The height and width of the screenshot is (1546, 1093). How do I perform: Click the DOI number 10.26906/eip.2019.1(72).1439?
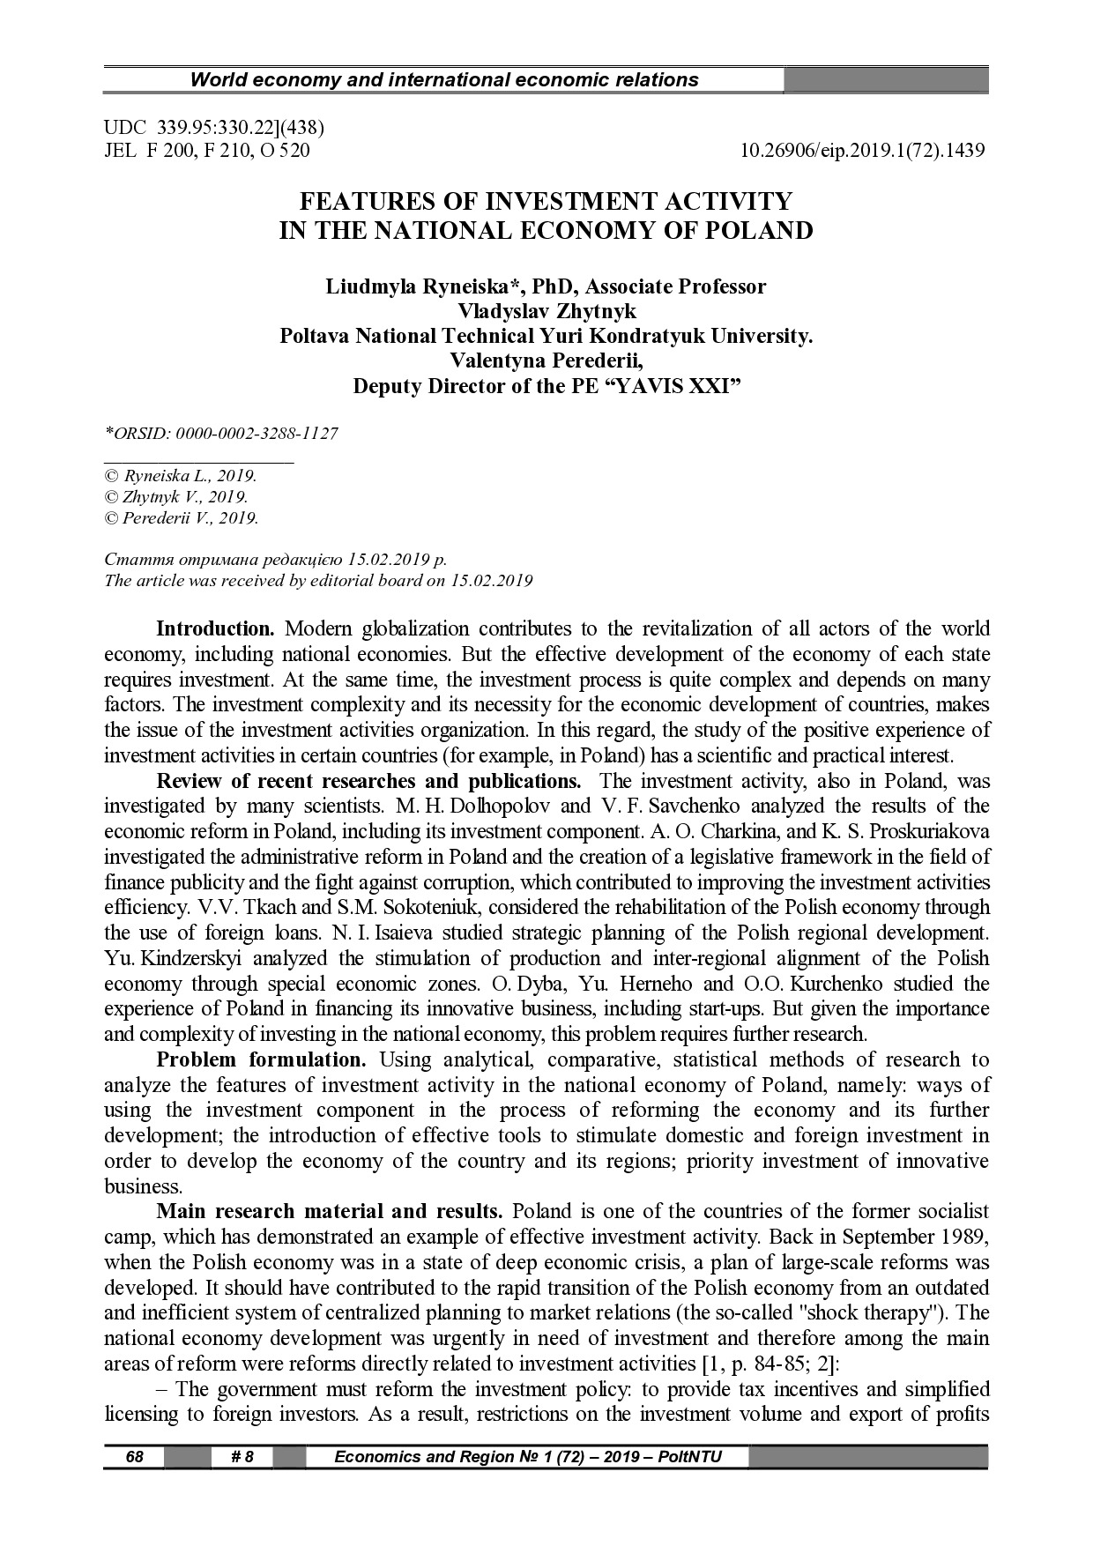863,151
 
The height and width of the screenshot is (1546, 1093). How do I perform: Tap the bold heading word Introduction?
215,629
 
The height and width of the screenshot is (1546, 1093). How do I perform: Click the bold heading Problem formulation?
261,1059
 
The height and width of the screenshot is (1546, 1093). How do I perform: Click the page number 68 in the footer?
134,1457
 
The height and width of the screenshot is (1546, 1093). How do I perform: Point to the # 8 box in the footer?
242,1457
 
